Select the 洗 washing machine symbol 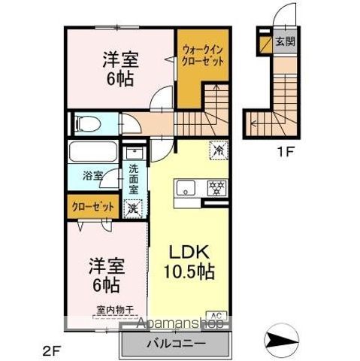click(132, 208)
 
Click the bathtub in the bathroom click(92, 153)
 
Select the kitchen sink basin click(185, 188)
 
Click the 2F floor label click(49, 349)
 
